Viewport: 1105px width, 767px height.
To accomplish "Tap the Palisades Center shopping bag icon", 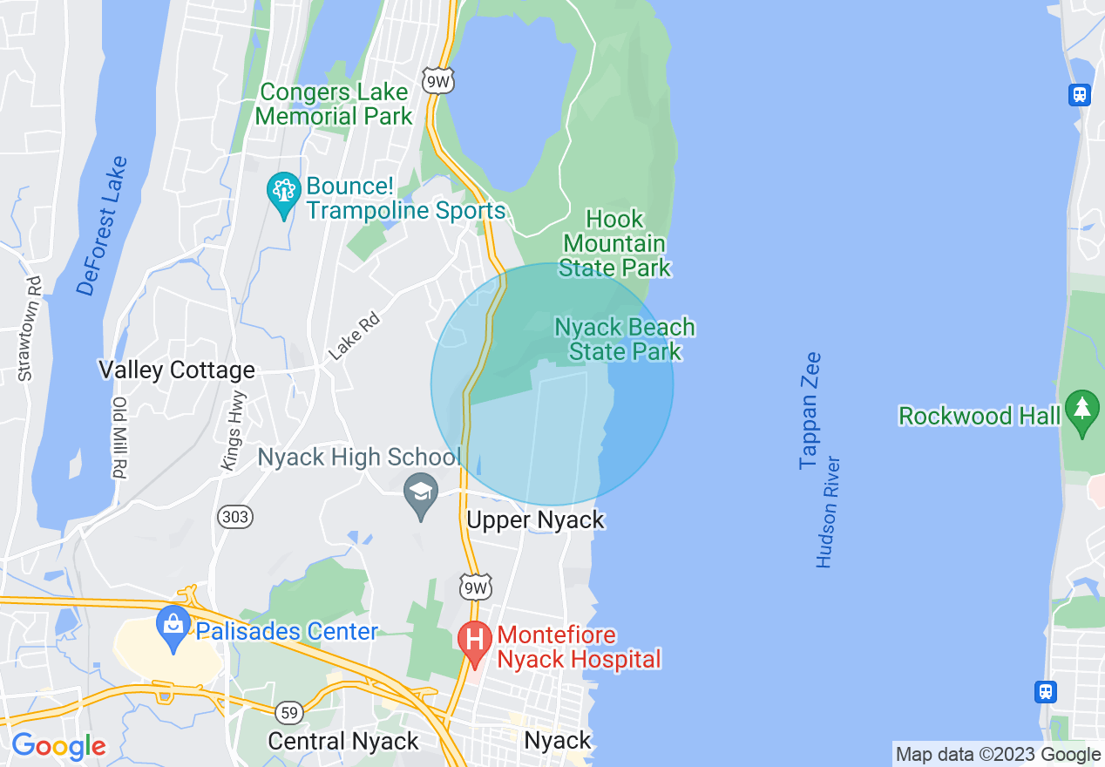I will pyautogui.click(x=173, y=626).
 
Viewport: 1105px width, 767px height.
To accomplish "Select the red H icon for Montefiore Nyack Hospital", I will pyautogui.click(x=476, y=641).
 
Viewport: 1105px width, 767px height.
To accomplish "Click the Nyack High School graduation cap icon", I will pyautogui.click(x=421, y=492).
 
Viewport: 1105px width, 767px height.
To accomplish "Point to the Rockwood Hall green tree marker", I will pyautogui.click(x=1082, y=411).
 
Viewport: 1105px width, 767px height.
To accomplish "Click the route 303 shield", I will pyautogui.click(x=235, y=517).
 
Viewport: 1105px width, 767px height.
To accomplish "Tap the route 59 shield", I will pyautogui.click(x=289, y=713).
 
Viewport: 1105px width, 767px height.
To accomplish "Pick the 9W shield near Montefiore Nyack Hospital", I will pyautogui.click(x=476, y=587).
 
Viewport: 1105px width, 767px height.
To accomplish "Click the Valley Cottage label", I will pyautogui.click(x=177, y=370).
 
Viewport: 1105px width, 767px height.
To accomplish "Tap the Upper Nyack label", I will pyautogui.click(x=535, y=520).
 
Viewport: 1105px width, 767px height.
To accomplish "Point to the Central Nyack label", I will pyautogui.click(x=343, y=741).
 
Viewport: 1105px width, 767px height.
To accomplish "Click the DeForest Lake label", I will pyautogui.click(x=102, y=227).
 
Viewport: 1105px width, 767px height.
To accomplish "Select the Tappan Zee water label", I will pyautogui.click(x=810, y=411).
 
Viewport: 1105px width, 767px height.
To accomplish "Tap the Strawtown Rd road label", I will pyautogui.click(x=30, y=329).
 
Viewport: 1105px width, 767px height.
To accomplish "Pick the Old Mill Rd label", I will pyautogui.click(x=119, y=438).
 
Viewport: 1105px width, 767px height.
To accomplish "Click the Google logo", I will pyautogui.click(x=58, y=746).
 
